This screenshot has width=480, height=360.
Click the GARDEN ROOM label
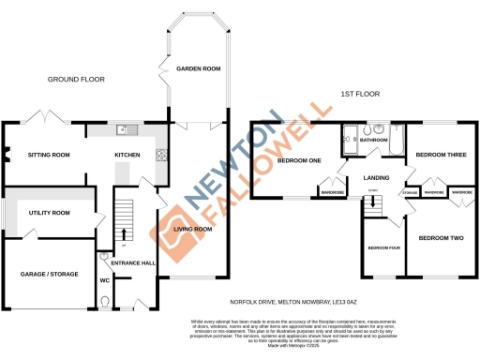point(197,68)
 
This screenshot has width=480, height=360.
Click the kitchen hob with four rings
point(161,155)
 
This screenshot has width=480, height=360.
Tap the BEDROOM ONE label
point(298,161)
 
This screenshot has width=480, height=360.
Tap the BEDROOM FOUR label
point(384,247)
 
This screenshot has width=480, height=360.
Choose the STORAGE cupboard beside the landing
point(410,193)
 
